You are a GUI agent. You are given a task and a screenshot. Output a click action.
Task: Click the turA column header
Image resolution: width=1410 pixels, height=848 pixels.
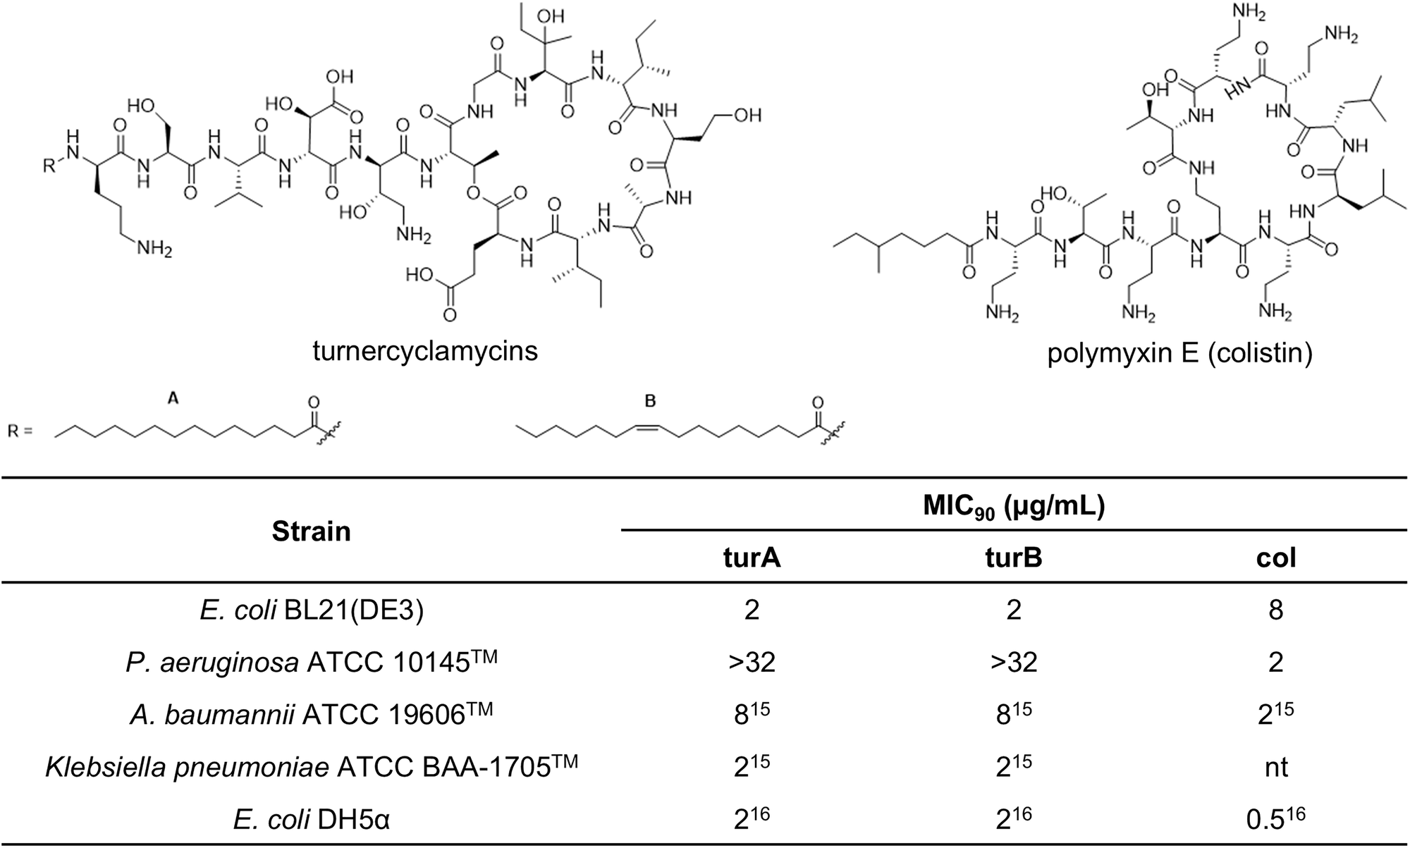click(752, 558)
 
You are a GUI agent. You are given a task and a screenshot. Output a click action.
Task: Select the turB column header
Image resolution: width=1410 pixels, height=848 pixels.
click(1014, 558)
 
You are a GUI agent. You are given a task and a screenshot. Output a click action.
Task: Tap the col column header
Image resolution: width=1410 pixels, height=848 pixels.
click(1276, 558)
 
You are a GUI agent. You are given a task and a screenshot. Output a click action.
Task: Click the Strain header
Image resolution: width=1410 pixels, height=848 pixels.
click(311, 531)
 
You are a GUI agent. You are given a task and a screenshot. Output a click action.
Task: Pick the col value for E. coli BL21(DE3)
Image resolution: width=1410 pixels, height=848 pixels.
click(1276, 610)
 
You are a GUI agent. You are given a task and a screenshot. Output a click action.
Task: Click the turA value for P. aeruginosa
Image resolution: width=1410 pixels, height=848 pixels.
click(752, 662)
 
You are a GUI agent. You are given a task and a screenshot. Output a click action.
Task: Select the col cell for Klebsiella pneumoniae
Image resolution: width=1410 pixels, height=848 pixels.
click(1276, 766)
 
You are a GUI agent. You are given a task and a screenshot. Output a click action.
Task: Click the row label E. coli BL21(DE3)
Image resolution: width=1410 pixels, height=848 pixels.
click(311, 610)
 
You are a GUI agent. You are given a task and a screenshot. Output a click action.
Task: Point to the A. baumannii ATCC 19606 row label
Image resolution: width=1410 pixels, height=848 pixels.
click(311, 713)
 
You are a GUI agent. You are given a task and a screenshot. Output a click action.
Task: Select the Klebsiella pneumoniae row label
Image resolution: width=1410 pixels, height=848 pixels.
click(311, 766)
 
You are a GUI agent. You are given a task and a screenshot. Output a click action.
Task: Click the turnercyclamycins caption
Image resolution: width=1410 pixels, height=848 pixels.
click(425, 350)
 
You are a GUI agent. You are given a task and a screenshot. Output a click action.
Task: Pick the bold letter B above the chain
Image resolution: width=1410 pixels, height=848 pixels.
click(651, 401)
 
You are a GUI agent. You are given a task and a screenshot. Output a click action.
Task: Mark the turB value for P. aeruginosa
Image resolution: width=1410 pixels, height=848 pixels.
click(1014, 662)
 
